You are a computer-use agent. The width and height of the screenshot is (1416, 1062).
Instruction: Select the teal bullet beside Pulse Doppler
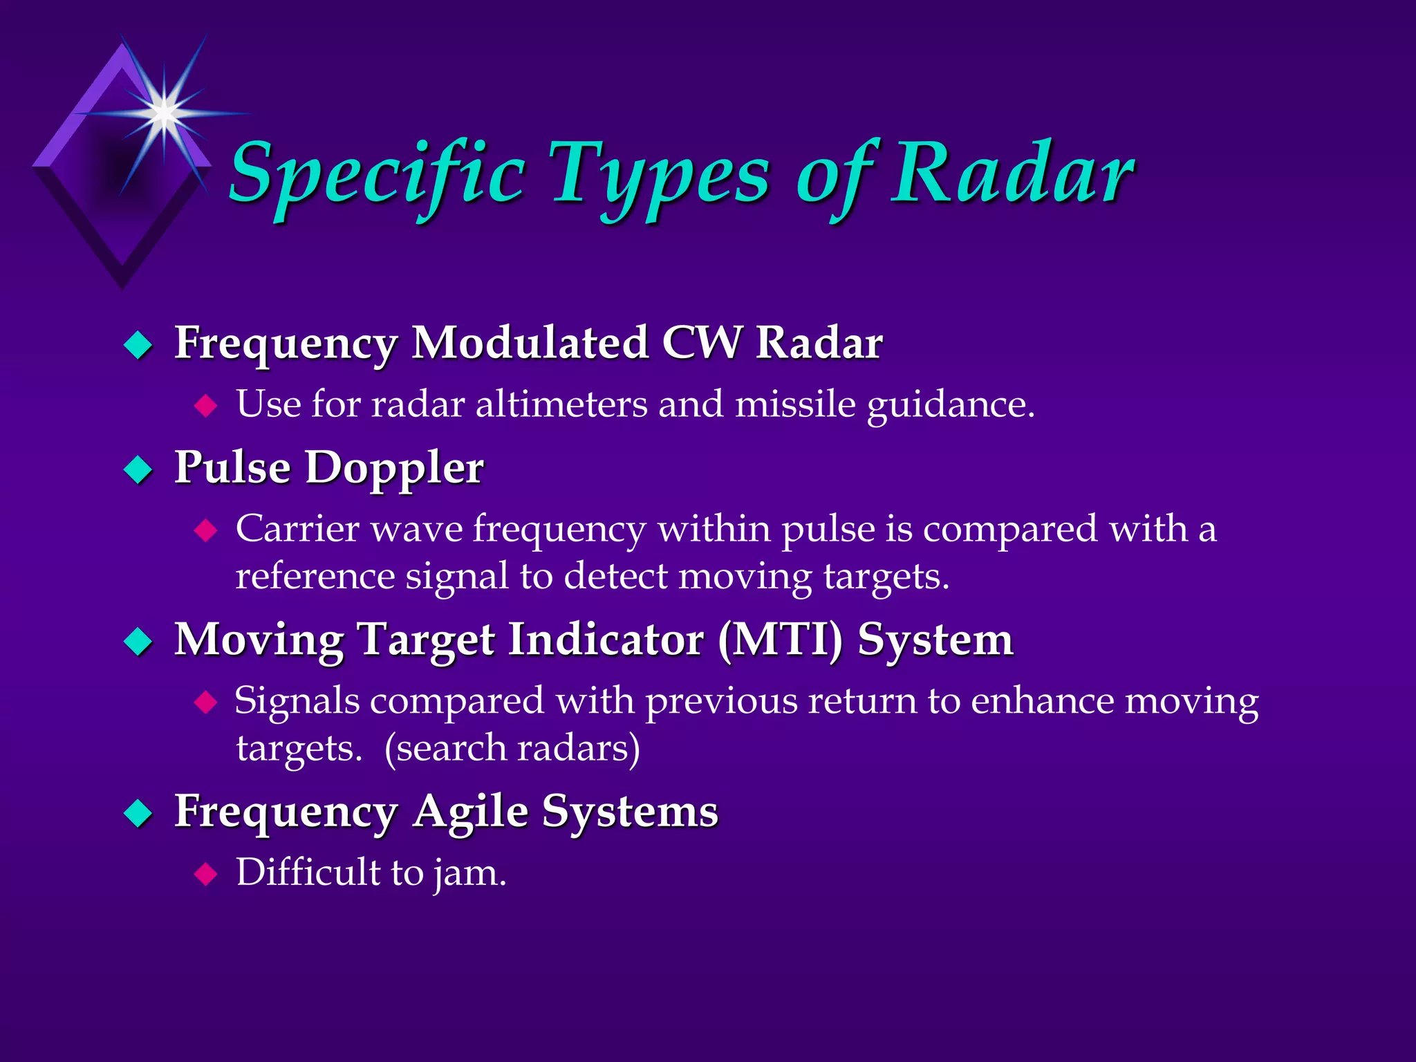pyautogui.click(x=138, y=469)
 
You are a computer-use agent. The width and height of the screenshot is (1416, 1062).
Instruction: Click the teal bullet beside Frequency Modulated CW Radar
pyautogui.click(x=138, y=345)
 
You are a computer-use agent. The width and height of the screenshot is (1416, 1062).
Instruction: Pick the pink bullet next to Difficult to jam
pyautogui.click(x=205, y=874)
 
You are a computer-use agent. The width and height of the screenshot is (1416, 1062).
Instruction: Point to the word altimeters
pyautogui.click(x=561, y=404)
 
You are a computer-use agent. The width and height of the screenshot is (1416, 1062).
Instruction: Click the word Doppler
pyautogui.click(x=394, y=468)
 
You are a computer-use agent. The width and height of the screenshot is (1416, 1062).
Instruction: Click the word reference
pyautogui.click(x=315, y=576)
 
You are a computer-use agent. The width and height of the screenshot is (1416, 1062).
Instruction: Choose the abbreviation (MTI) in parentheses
pyautogui.click(x=780, y=640)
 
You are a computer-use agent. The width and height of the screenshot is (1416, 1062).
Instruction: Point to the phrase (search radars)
pyautogui.click(x=512, y=748)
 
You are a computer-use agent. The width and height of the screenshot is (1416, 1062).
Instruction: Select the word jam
pyautogui.click(x=469, y=873)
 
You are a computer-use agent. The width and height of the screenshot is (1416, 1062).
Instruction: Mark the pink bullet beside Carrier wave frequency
pyautogui.click(x=205, y=530)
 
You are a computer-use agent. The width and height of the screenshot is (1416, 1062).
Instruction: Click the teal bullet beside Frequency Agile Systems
pyautogui.click(x=138, y=813)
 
